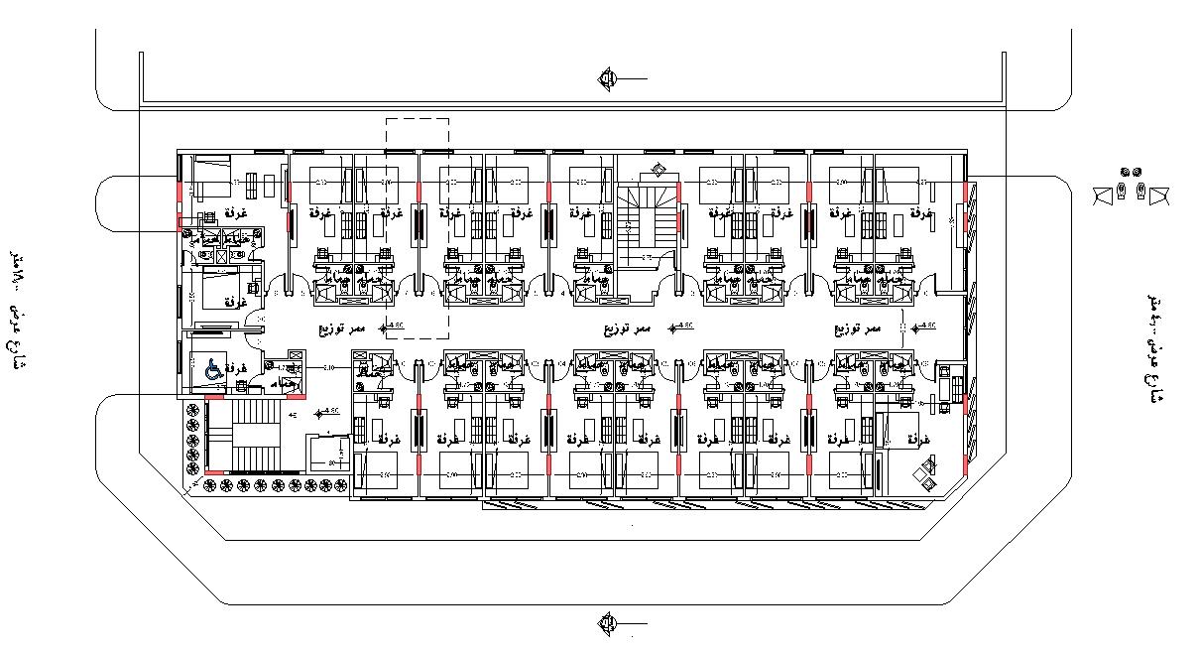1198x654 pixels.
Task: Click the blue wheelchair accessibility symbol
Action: tap(211, 368)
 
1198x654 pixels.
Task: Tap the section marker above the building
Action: tap(607, 78)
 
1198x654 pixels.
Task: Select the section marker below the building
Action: tap(607, 622)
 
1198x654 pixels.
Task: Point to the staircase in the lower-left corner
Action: tap(254, 433)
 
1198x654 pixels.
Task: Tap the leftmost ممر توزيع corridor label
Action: tap(342, 327)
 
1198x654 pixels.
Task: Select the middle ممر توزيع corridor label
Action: tap(628, 327)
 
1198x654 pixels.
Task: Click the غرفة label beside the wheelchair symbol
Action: tap(236, 368)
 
